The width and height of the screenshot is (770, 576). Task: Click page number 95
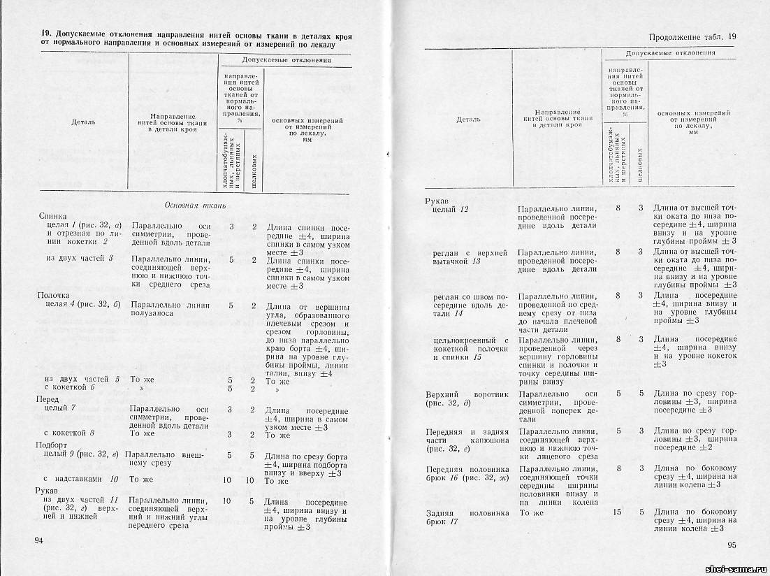(732, 546)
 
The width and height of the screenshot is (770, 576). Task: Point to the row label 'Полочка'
(52, 296)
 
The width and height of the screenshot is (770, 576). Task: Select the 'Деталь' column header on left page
(83, 122)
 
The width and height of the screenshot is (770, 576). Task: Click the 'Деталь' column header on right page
(468, 120)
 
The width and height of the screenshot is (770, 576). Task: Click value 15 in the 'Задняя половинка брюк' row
(617, 512)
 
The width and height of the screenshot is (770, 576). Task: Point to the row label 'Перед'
(48, 398)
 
